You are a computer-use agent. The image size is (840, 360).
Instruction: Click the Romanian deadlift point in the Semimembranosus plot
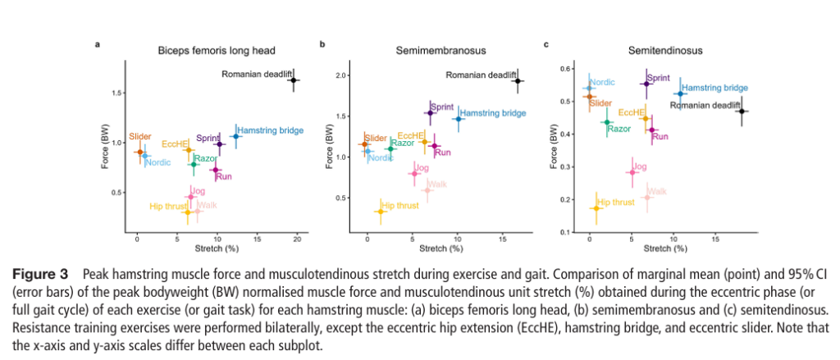[x=518, y=80]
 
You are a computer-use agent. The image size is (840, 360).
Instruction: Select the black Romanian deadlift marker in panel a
[x=294, y=80]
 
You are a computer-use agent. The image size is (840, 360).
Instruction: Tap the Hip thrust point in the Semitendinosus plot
[x=596, y=208]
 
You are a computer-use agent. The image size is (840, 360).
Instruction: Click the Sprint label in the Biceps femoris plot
[x=208, y=138]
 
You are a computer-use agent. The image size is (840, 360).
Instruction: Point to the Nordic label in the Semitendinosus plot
[x=602, y=83]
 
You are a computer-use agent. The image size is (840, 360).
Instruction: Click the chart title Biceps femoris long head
[x=217, y=50]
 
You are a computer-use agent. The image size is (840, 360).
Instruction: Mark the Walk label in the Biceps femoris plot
[x=207, y=204]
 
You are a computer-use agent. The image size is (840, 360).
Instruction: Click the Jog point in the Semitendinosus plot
[x=632, y=172]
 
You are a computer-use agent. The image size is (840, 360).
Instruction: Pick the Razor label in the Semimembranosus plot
[x=402, y=143]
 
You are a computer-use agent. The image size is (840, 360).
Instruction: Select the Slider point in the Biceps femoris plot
[x=139, y=152]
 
